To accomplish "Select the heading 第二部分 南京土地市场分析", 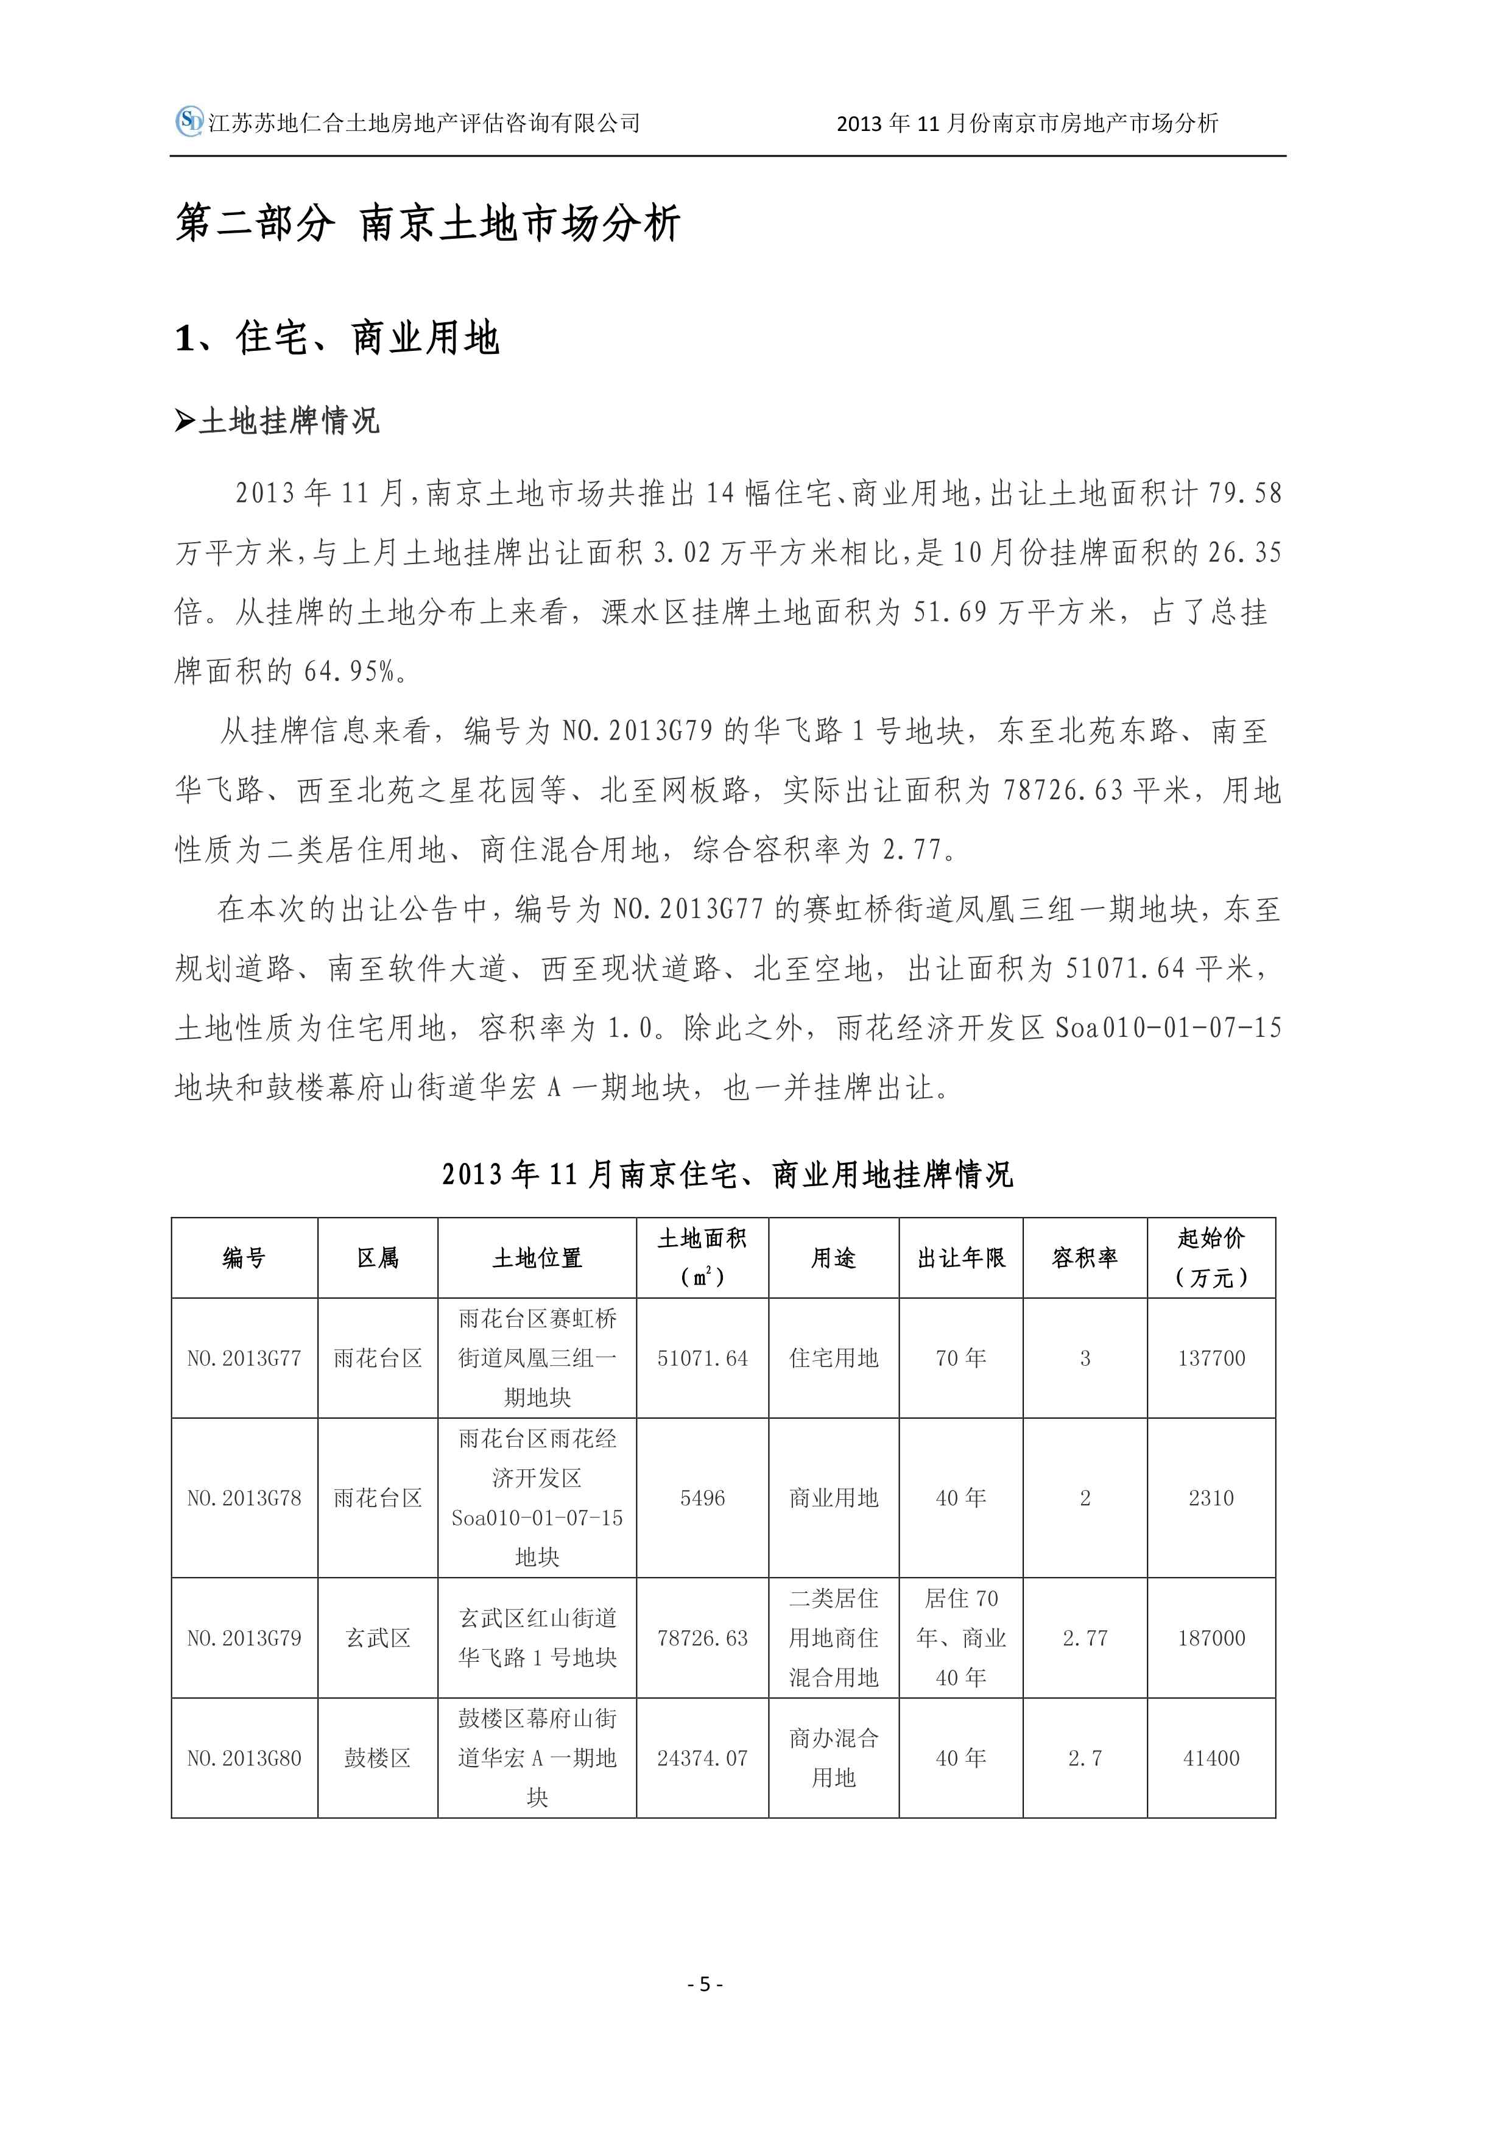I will (428, 224).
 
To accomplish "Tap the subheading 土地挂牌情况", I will (289, 421).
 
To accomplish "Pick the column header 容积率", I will (1084, 1257).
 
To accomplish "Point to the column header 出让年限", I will (960, 1257).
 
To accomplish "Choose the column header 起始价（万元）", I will (1211, 1257).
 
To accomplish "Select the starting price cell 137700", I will (1211, 1358).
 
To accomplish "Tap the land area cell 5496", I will (702, 1497).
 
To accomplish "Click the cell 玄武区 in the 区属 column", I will (378, 1637).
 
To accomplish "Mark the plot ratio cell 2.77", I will (1085, 1637).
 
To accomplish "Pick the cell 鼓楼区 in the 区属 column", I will (378, 1757).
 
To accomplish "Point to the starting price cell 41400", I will (1211, 1757).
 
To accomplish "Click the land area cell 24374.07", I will (702, 1757).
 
